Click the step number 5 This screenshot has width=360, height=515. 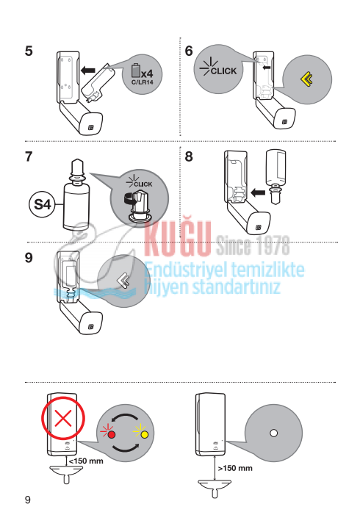pyautogui.click(x=29, y=51)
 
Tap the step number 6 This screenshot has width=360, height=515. pyautogui.click(x=189, y=51)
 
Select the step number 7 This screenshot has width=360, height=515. pyautogui.click(x=29, y=156)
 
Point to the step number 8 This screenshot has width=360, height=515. pyautogui.click(x=189, y=156)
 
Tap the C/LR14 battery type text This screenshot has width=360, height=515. pyautogui.click(x=143, y=82)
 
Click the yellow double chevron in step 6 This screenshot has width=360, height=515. pyautogui.click(x=306, y=80)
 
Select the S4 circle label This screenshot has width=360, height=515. pyautogui.click(x=43, y=205)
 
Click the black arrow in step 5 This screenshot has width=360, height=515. pyautogui.click(x=88, y=70)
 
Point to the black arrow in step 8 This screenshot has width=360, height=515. pyautogui.click(x=258, y=192)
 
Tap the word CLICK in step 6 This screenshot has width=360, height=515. pyautogui.click(x=223, y=71)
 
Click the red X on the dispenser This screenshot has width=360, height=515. pyautogui.click(x=63, y=419)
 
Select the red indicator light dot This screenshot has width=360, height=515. pyautogui.click(x=112, y=435)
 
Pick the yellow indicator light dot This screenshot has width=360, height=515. pyautogui.click(x=144, y=435)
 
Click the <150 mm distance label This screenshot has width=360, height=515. pyautogui.click(x=86, y=461)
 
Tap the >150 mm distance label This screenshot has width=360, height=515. pyautogui.click(x=235, y=468)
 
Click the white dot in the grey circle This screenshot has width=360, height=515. pyautogui.click(x=273, y=433)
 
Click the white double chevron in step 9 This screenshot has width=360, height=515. pyautogui.click(x=123, y=281)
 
